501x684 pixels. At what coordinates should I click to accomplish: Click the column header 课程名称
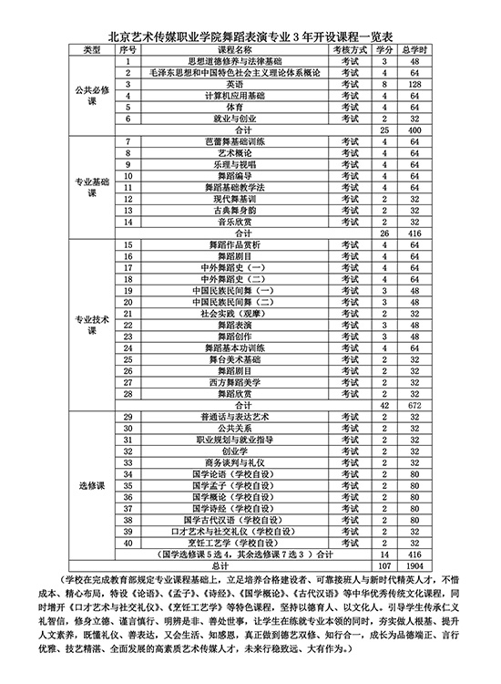pyautogui.click(x=222, y=48)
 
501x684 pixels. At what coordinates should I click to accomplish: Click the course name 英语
pyautogui.click(x=222, y=84)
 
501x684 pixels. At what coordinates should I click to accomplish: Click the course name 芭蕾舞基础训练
pyautogui.click(x=222, y=141)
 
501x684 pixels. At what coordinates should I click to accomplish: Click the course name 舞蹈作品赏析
pyautogui.click(x=222, y=244)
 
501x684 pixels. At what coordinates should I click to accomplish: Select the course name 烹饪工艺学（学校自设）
pyautogui.click(x=222, y=543)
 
